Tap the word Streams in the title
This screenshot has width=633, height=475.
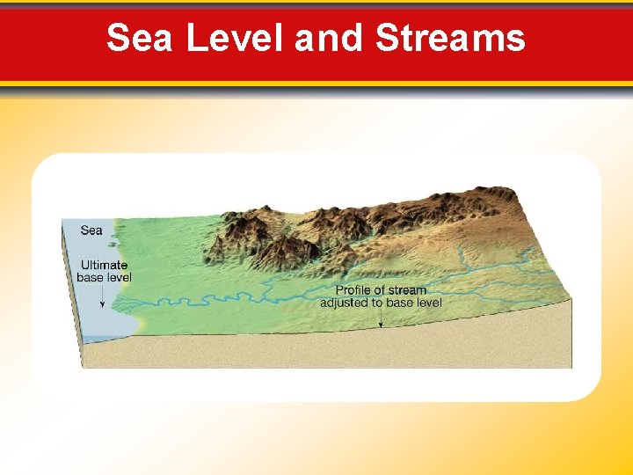pyautogui.click(x=450, y=38)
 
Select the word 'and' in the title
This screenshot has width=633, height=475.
pyautogui.click(x=329, y=38)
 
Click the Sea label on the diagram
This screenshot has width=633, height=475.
pyautogui.click(x=91, y=230)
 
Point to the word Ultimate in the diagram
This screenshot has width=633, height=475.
pyautogui.click(x=104, y=265)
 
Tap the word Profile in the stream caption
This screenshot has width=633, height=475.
pyautogui.click(x=355, y=290)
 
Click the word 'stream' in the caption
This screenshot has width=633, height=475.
pyautogui.click(x=407, y=290)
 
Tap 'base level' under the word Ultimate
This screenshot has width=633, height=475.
pyautogui.click(x=104, y=277)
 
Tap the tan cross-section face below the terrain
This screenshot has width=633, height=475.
pyautogui.click(x=352, y=347)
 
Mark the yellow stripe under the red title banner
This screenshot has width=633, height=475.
pyautogui.click(x=316, y=84)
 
